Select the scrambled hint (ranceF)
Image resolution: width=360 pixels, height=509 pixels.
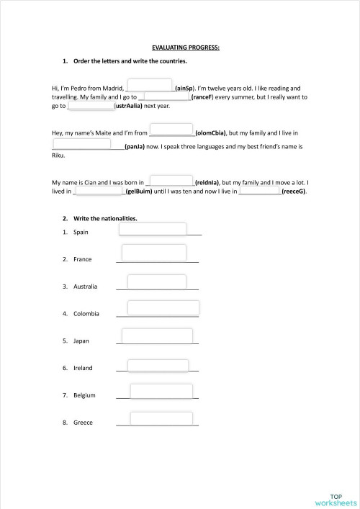click(x=204, y=96)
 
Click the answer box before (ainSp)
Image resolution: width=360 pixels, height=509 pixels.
click(x=150, y=84)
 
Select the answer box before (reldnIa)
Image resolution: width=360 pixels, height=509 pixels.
click(x=171, y=180)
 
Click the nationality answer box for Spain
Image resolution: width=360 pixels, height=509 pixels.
click(x=152, y=229)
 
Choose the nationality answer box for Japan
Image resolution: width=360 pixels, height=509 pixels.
click(x=157, y=335)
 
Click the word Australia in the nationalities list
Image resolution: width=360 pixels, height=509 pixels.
click(x=85, y=286)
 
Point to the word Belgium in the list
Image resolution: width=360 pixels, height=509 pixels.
click(x=84, y=395)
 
